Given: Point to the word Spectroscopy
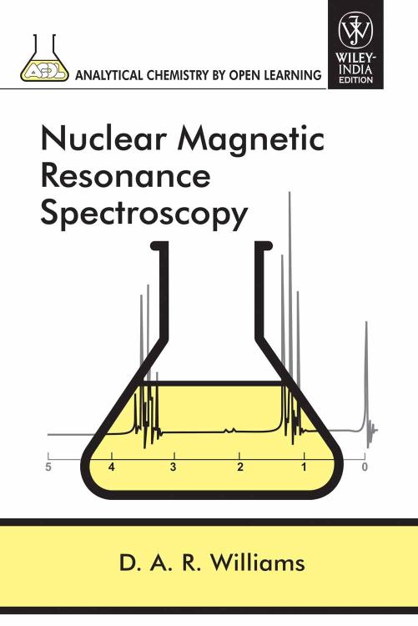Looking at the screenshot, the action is [144, 216].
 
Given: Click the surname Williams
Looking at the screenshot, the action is [258, 562].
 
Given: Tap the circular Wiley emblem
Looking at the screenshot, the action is [355, 30].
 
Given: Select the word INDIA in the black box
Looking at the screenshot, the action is [355, 70].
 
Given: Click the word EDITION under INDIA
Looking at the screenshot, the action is [355, 79].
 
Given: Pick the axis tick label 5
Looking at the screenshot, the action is [48, 467].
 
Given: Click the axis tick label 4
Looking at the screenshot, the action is [112, 467].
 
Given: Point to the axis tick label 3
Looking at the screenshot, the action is [173, 467].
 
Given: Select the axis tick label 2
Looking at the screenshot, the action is [240, 467].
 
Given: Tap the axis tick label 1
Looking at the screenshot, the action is [304, 467].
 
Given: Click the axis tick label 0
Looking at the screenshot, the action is [365, 467].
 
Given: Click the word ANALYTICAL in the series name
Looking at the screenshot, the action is [108, 75].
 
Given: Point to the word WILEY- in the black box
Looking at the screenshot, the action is [355, 58].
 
